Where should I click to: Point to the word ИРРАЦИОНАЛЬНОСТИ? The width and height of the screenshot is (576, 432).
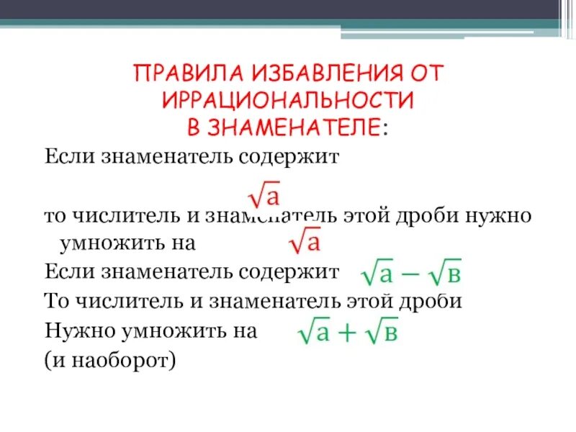288,99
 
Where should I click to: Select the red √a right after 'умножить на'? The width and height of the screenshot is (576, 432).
304,242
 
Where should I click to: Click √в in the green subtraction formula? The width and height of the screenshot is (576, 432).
447,274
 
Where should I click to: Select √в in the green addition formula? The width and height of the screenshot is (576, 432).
381,332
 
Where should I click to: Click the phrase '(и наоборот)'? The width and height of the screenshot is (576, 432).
109,359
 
